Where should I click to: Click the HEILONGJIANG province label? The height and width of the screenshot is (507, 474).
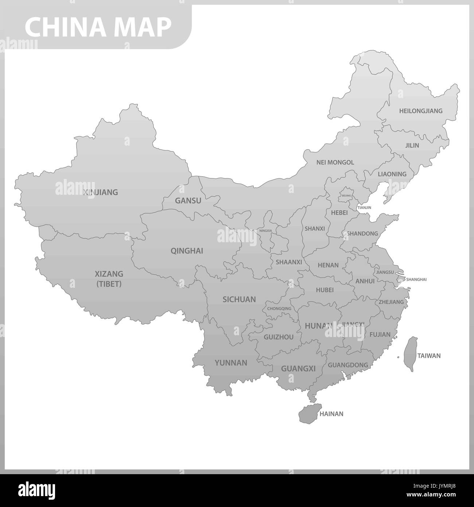click(420, 111)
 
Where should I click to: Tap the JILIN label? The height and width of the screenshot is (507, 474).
click(412, 145)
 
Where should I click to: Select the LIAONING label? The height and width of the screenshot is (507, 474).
click(392, 174)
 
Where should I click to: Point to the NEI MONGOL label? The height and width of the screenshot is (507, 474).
click(335, 162)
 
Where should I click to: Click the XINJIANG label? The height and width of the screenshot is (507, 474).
click(100, 192)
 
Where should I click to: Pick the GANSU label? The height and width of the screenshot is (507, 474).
click(188, 201)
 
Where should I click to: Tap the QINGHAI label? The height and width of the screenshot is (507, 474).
click(187, 251)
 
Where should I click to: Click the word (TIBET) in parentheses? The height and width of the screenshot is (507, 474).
click(109, 284)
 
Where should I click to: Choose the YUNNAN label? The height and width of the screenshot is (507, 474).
click(231, 363)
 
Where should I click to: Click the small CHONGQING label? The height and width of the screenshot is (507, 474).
click(279, 309)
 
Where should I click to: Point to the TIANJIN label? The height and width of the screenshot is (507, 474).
click(364, 208)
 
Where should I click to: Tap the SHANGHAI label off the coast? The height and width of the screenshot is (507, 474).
click(416, 279)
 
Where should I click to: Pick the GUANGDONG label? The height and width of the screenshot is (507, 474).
click(348, 365)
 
